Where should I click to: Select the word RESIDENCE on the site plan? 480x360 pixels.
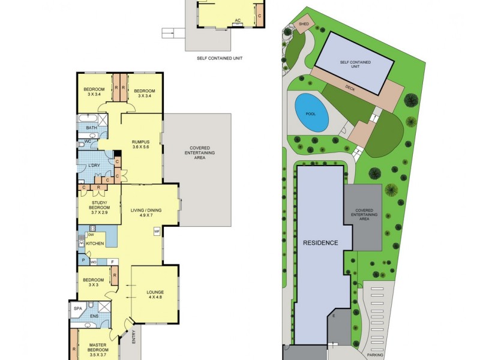(x=320, y=243)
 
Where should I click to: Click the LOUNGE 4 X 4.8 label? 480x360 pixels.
(x=155, y=296)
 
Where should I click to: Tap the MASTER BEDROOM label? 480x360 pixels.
(x=97, y=348)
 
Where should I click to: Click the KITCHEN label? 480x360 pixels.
(x=95, y=243)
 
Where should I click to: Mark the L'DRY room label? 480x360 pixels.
(x=94, y=165)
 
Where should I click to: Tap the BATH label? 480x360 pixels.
(x=91, y=128)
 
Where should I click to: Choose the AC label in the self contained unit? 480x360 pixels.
(x=238, y=20)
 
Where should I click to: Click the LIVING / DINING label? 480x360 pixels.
(x=144, y=211)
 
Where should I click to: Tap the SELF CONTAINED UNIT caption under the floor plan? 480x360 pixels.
(x=219, y=59)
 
